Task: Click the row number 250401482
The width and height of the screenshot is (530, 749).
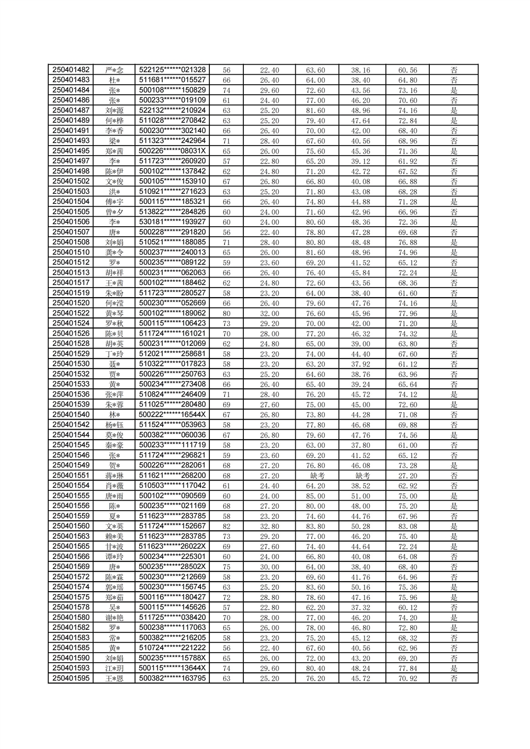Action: (71, 70)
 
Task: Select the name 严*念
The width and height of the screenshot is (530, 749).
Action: (114, 70)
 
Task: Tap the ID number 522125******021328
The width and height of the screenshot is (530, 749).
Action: (172, 70)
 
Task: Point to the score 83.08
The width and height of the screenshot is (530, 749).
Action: (408, 527)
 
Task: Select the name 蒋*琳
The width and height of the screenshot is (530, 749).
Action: (114, 476)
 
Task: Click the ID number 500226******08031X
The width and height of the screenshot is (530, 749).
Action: (172, 151)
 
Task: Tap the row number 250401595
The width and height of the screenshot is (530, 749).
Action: (71, 679)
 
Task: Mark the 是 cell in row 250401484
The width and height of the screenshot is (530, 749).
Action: (454, 90)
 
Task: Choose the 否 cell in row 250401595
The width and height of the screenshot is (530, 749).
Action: (454, 679)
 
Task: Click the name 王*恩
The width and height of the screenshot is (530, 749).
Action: (114, 679)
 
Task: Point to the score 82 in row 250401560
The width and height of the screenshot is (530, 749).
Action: (226, 527)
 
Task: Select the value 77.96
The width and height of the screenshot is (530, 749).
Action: (408, 314)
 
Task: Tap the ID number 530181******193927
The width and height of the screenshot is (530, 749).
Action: (172, 222)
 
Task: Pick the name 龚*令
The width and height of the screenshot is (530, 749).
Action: (114, 253)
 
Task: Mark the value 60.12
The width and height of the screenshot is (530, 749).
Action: (408, 608)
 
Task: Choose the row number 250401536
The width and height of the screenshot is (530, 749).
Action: (71, 395)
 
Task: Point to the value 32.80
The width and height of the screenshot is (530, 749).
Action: (269, 527)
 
